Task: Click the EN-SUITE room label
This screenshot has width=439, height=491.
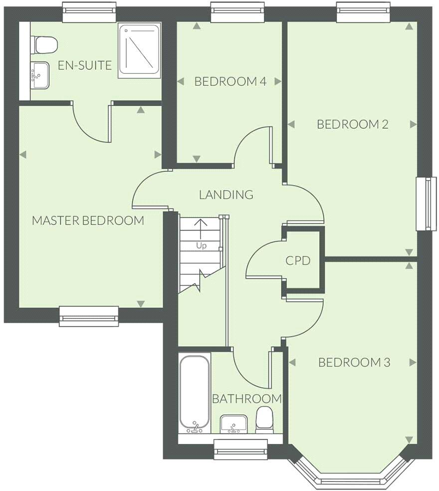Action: coord(85,65)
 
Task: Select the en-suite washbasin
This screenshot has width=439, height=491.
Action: coord(40,75)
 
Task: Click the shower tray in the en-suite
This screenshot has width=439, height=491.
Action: coord(140,50)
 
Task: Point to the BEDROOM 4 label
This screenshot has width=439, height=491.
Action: coord(230,81)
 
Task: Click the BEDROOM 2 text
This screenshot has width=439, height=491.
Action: coord(352,124)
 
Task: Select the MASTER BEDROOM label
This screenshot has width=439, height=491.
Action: coord(88,220)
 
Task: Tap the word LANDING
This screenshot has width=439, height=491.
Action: coord(226,195)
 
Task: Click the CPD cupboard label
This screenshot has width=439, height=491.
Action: coord(298,260)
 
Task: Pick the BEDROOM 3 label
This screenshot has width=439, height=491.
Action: coord(354,362)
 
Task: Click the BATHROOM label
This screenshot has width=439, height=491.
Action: coord(247,399)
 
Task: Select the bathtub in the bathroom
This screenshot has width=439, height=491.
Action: coord(195,394)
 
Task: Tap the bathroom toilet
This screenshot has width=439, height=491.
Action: coord(264,419)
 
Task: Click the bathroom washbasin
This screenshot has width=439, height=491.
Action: coord(233,424)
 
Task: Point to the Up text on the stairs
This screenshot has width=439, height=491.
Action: coord(201,245)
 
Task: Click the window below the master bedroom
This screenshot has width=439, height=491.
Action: coord(89,316)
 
